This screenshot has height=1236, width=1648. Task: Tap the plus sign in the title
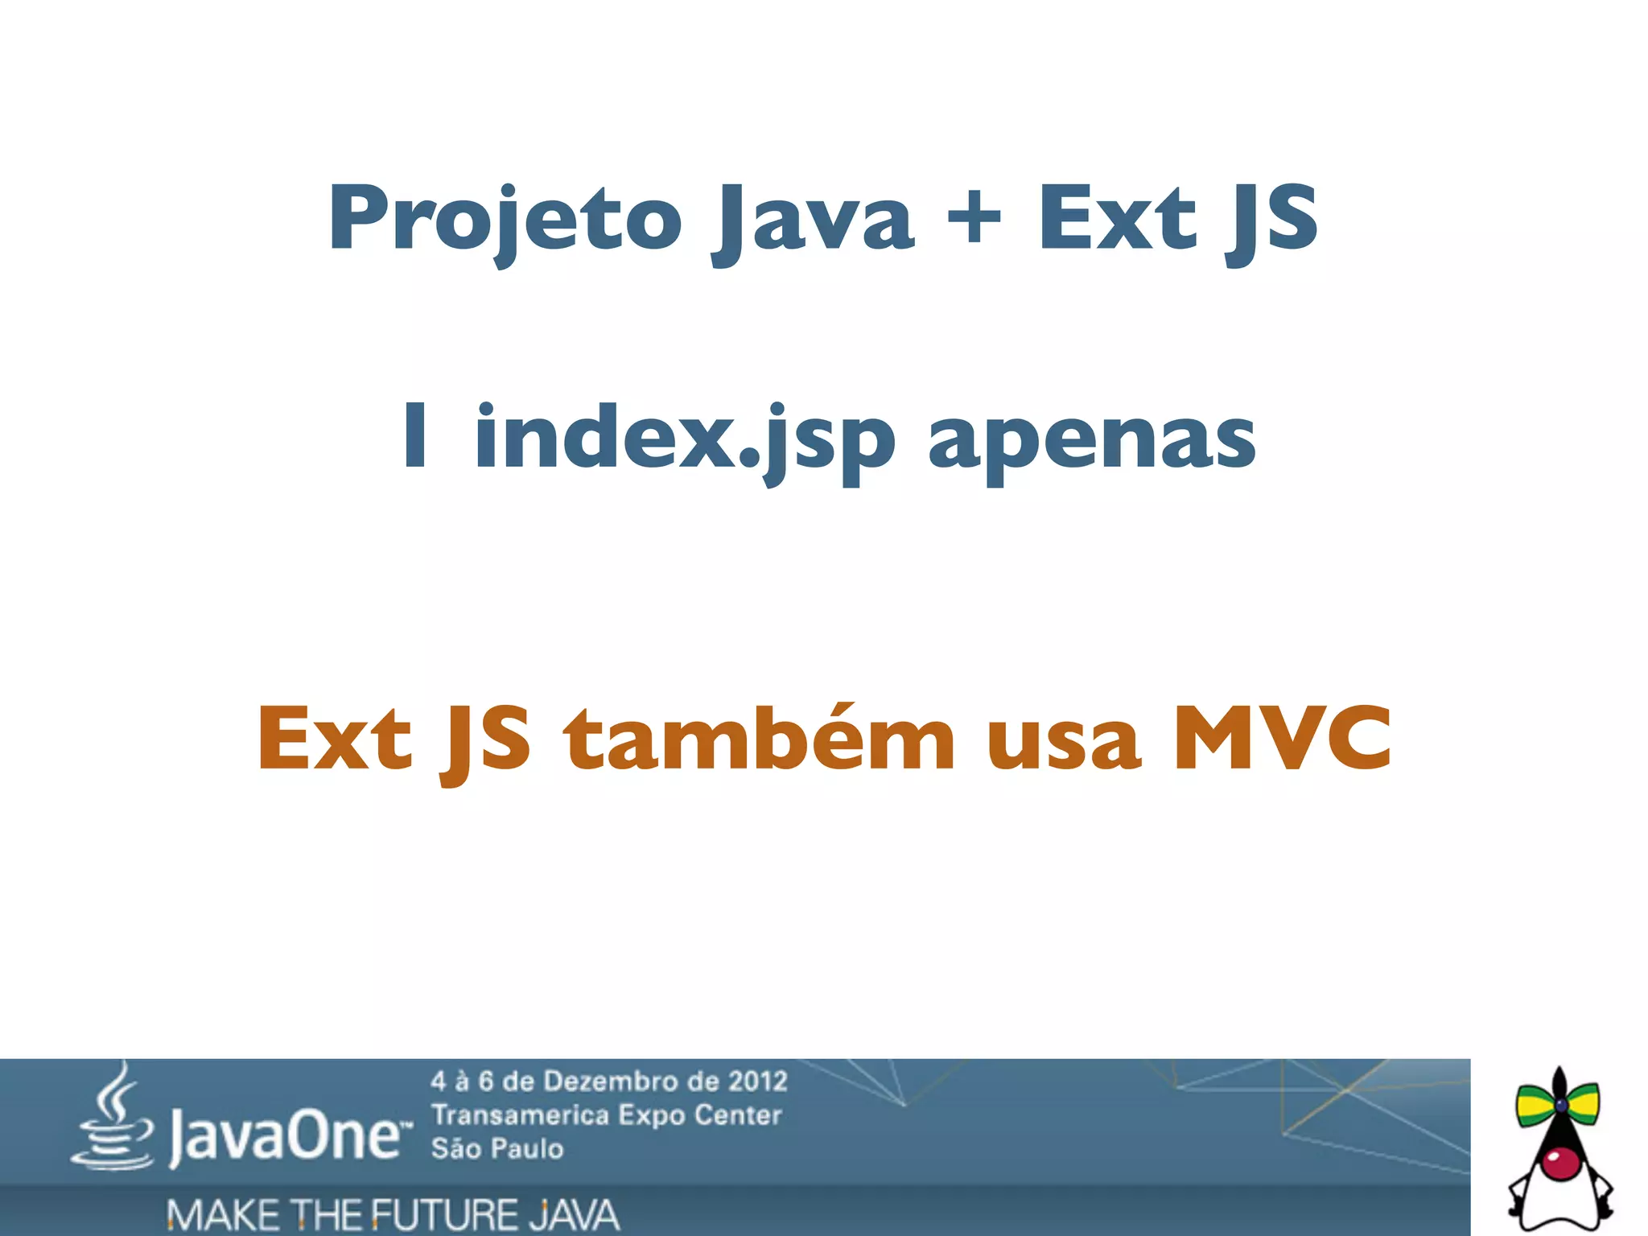point(974,215)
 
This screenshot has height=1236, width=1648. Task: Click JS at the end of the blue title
point(1271,219)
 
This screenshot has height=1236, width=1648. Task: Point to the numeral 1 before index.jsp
point(415,435)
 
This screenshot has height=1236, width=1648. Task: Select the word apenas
point(1091,441)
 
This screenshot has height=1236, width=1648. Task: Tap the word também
point(759,736)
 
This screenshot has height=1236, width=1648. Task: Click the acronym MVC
point(1282,736)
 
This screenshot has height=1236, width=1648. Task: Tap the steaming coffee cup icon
point(113,1123)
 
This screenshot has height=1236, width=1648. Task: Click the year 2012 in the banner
point(756,1081)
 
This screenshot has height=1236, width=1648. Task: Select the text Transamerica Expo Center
point(606,1115)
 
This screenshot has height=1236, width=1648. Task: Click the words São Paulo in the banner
point(496,1148)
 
